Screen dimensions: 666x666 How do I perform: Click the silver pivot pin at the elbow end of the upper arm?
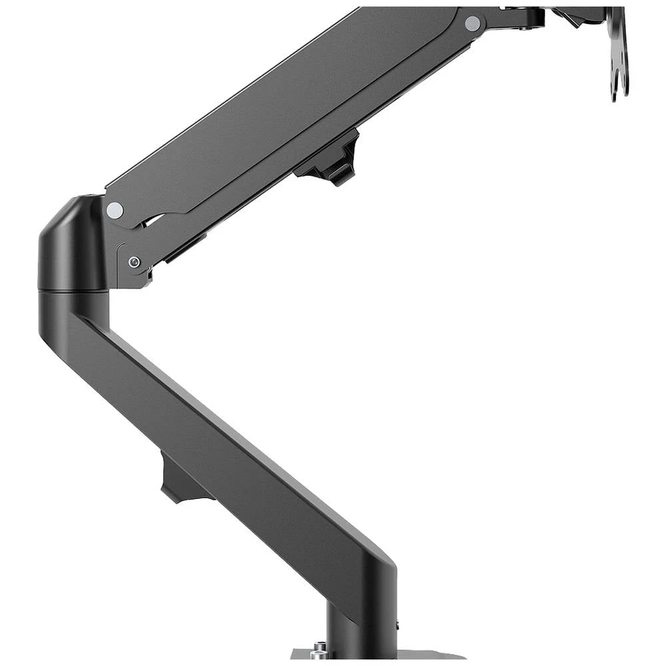115,210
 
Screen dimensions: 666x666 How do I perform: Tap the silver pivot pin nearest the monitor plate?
472,24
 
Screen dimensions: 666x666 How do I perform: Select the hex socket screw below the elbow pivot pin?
135,262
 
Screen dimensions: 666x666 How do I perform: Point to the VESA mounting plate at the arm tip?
618,47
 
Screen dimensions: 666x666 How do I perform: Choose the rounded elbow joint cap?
70,243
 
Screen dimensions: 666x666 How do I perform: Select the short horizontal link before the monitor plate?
513,17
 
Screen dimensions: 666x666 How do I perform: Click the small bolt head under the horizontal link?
529,27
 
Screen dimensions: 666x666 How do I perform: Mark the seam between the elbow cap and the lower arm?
73,291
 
